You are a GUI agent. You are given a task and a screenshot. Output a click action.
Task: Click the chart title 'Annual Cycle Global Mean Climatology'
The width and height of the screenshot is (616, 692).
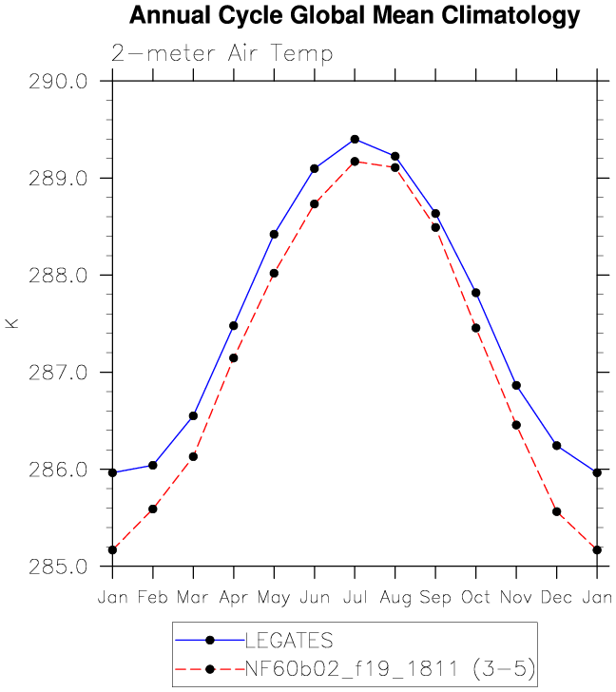point(355,16)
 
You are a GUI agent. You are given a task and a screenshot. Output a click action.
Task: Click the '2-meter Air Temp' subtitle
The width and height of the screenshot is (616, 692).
point(221,54)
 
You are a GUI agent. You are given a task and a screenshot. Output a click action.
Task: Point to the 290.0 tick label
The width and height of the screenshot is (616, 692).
point(58,82)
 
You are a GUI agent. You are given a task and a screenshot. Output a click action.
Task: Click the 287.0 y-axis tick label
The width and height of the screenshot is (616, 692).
point(58,373)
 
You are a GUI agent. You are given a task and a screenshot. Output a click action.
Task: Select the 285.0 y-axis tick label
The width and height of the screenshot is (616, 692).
point(58,567)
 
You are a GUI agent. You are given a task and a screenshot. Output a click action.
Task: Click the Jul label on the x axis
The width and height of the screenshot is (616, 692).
point(356,597)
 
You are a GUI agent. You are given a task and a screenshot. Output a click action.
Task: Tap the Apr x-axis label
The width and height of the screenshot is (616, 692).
point(234,598)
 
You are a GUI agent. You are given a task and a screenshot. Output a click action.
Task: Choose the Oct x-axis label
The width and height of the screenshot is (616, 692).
point(475,597)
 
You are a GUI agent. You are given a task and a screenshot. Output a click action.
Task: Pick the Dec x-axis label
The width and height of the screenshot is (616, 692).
point(556,597)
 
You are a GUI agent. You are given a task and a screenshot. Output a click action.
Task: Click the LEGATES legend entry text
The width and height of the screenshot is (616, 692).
point(289,641)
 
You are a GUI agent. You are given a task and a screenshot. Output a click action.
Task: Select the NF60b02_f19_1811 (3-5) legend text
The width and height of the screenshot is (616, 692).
point(390,669)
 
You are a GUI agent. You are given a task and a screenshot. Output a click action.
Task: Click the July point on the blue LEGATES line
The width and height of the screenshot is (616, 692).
point(355,140)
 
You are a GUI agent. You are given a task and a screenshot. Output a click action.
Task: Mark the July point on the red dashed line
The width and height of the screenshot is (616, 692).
point(355,162)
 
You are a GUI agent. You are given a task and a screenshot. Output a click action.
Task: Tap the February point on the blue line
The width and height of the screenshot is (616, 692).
point(153,465)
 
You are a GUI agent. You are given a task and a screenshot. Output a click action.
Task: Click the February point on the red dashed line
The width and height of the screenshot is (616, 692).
point(153,509)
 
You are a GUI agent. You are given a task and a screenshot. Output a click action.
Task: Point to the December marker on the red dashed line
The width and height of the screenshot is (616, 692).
point(556,512)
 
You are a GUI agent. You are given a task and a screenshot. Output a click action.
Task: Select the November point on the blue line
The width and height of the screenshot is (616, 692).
point(516,385)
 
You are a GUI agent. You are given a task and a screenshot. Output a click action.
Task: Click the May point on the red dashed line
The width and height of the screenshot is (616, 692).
point(274,273)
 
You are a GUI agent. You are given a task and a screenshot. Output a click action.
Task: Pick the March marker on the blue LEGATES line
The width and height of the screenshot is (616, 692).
point(193,415)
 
